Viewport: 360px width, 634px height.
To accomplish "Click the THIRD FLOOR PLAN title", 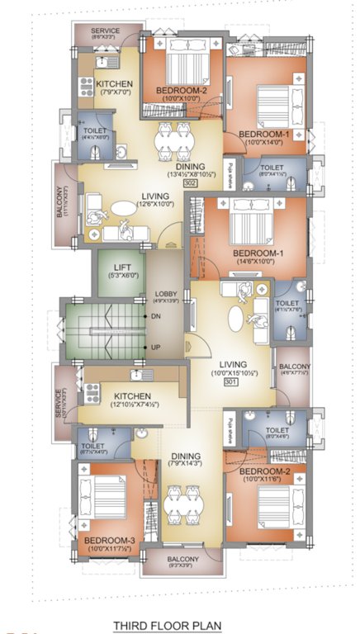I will click(x=167, y=626).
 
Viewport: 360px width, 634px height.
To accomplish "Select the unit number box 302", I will click(x=189, y=183).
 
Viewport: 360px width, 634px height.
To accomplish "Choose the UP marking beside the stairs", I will click(x=155, y=348).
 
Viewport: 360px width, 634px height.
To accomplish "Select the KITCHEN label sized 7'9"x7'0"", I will click(x=114, y=84).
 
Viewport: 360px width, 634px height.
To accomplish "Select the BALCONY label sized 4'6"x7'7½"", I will click(x=294, y=367).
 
